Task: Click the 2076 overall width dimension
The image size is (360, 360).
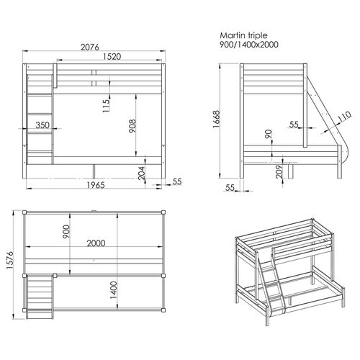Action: pos(90,47)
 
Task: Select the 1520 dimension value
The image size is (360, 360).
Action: pos(112,57)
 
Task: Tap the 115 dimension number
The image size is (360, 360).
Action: pos(106,105)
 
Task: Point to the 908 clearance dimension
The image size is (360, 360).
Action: pos(132,126)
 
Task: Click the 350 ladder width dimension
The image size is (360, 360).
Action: pos(42,125)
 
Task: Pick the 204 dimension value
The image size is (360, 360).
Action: pos(142,173)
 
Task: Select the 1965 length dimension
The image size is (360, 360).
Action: pos(96,185)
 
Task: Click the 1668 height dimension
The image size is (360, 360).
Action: pos(216,120)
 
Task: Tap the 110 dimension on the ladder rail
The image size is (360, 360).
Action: pos(344,117)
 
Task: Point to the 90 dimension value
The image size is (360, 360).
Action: pos(269,134)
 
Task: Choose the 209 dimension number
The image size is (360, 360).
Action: pos(279,171)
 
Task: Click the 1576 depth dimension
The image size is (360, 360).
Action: pos(10,261)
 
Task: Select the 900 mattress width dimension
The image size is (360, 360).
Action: pos(66,231)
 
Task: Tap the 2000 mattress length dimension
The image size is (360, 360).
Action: pos(96,243)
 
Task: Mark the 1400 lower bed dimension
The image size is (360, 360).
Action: pos(114,290)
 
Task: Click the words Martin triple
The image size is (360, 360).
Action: pos(243,35)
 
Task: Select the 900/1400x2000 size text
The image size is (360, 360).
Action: pos(249,45)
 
